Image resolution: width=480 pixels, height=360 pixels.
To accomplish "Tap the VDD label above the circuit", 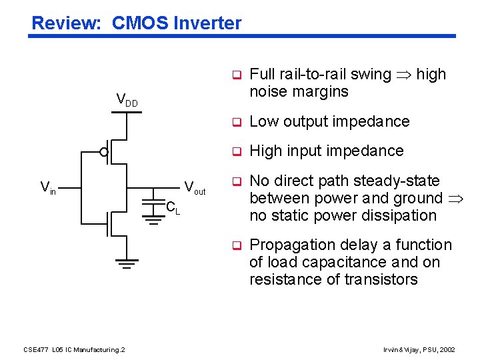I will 127,100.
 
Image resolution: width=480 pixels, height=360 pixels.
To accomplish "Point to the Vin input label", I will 48,187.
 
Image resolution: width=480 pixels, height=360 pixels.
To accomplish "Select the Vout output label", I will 195,187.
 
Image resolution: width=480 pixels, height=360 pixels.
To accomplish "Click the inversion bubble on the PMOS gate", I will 104,153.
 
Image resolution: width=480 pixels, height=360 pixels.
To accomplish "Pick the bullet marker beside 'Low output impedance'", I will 235,122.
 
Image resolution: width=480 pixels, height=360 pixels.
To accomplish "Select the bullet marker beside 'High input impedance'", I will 235,151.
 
